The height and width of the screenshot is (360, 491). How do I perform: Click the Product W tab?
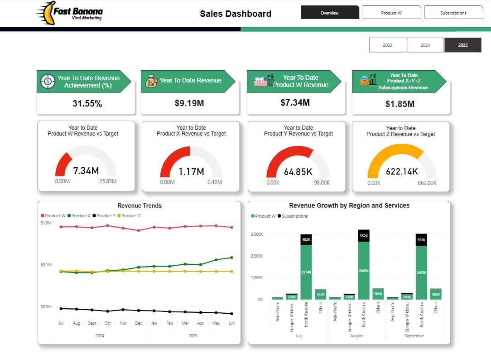pyautogui.click(x=391, y=13)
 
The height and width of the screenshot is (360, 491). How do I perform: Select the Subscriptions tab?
pyautogui.click(x=453, y=13)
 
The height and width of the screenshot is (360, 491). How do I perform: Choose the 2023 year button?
pyautogui.click(x=387, y=45)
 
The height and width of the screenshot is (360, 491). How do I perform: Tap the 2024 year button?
pyautogui.click(x=425, y=45)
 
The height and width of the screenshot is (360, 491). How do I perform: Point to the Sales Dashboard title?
pyautogui.click(x=236, y=14)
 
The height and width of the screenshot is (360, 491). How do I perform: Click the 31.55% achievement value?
pyautogui.click(x=87, y=104)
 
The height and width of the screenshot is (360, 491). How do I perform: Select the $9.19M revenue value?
pyautogui.click(x=189, y=103)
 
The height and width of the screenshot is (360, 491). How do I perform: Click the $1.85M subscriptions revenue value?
pyautogui.click(x=400, y=104)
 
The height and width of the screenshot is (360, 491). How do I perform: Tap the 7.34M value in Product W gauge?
pyautogui.click(x=86, y=171)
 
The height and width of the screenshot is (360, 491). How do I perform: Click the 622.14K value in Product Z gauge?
pyautogui.click(x=402, y=171)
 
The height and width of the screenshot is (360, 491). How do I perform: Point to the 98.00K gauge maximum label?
pyautogui.click(x=322, y=183)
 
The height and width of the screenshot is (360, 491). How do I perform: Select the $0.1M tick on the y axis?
pyautogui.click(x=46, y=265)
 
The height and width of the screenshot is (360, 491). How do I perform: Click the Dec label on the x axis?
pyautogui.click(x=138, y=323)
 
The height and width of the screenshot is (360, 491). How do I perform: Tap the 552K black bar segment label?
pyautogui.click(x=363, y=236)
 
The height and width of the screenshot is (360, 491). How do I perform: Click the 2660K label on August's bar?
pyautogui.click(x=363, y=271)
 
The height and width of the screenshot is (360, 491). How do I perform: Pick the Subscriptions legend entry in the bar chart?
pyautogui.click(x=294, y=216)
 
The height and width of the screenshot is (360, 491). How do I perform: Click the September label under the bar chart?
pyautogui.click(x=414, y=336)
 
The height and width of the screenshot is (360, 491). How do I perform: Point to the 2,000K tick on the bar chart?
pyautogui.click(x=257, y=256)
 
